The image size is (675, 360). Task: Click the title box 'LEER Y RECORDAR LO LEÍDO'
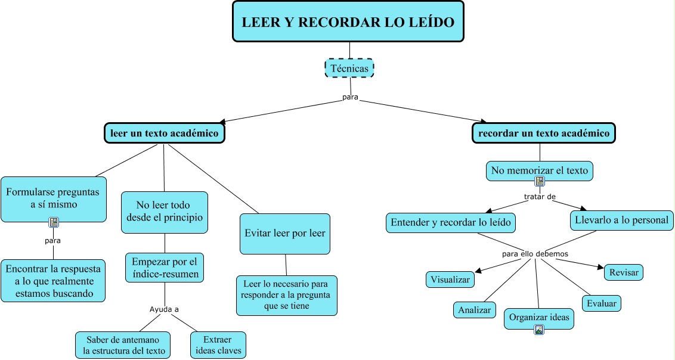click(348, 22)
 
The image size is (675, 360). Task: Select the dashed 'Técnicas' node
click(349, 68)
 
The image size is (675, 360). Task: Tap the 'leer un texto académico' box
click(165, 133)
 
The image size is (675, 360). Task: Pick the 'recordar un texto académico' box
click(544, 133)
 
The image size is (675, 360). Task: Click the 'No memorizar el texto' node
click(540, 170)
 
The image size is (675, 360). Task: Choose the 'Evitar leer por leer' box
click(285, 233)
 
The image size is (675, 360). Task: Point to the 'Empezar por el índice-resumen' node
click(165, 268)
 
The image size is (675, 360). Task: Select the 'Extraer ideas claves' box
click(218, 345)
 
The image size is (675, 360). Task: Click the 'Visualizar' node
click(450, 279)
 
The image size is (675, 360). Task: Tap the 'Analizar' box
click(475, 310)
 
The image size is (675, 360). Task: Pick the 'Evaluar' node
click(602, 303)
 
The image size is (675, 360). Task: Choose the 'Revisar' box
click(624, 272)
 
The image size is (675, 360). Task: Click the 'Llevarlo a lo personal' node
click(622, 220)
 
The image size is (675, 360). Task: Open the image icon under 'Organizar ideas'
click(539, 330)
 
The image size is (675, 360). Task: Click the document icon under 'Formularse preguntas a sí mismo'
click(54, 222)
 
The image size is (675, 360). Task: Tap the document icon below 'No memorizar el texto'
click(540, 181)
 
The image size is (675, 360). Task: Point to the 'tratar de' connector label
click(540, 196)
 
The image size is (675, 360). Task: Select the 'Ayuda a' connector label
click(164, 309)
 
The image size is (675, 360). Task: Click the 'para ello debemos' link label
click(535, 254)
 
